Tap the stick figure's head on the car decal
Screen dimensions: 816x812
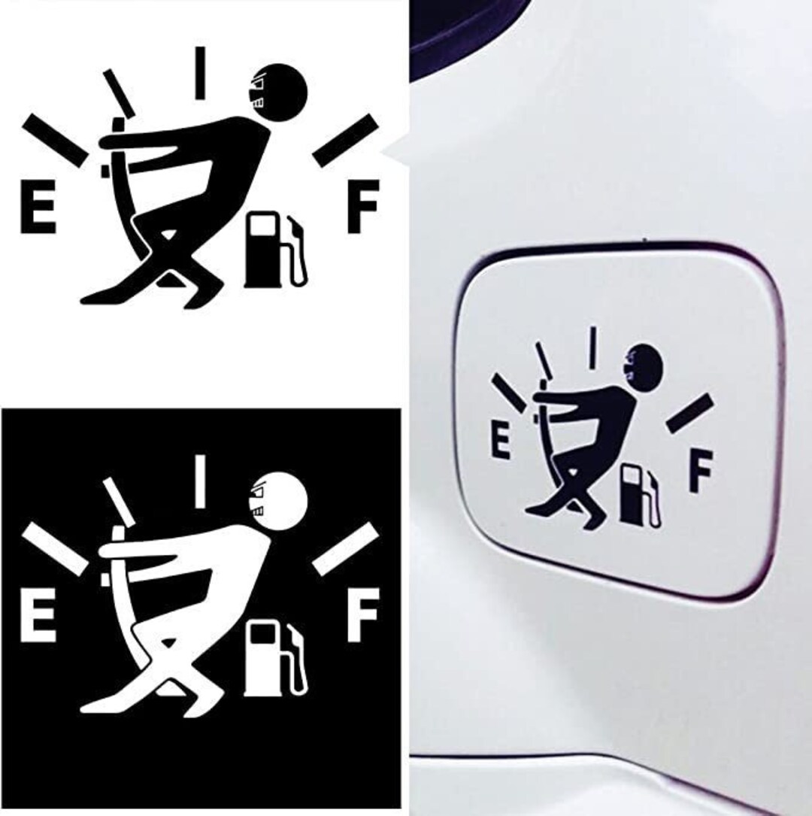click(x=645, y=366)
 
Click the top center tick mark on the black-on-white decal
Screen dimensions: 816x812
click(x=201, y=73)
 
